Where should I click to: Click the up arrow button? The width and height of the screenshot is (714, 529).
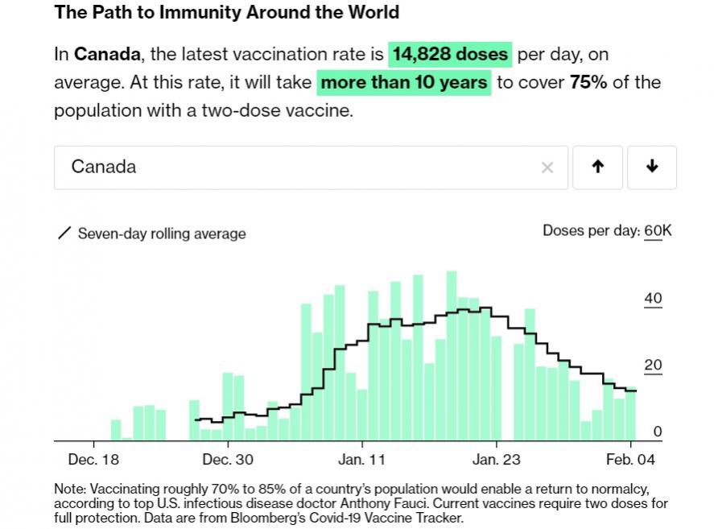coord(596,167)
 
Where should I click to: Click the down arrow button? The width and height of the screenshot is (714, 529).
coord(652,167)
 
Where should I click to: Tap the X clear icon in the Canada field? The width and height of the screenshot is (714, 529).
coord(547,167)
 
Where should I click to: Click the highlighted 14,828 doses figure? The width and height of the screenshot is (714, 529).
coord(450,55)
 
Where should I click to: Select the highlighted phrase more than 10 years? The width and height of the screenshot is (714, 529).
coord(404,82)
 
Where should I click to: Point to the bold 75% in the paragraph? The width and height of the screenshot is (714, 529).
coord(588,82)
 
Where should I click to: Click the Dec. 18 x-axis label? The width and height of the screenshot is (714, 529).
coord(93,460)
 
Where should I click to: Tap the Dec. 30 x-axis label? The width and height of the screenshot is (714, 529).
coord(228,460)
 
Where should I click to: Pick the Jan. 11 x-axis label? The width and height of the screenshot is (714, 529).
coord(361,460)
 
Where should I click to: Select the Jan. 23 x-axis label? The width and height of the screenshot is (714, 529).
coord(496,460)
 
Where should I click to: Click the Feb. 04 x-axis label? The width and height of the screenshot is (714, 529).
coord(631,460)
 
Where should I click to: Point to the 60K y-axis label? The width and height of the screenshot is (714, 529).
coord(658,231)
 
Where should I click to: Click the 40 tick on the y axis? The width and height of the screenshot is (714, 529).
coord(653,299)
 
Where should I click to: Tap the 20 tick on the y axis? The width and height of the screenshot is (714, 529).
coord(653,366)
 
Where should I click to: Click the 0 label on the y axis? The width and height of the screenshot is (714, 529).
coord(657,432)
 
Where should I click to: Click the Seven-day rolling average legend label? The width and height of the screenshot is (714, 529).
coord(161,234)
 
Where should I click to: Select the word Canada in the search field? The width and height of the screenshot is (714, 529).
coord(104,167)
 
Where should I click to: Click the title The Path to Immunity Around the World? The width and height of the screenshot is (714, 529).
coord(226,13)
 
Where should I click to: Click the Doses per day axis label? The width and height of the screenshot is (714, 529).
coord(590,231)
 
